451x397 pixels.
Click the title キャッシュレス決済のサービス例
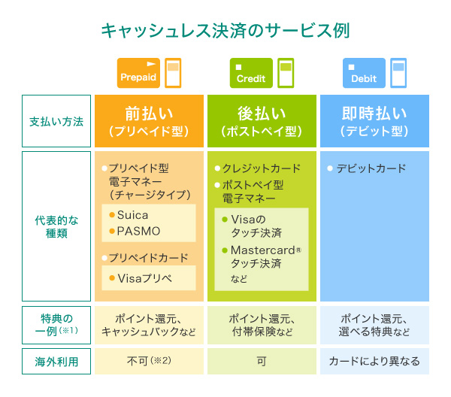(225, 31)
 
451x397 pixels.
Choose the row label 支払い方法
(56, 121)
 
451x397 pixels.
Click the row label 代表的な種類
(56, 226)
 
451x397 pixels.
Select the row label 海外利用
(56, 361)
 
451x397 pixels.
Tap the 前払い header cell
(149, 121)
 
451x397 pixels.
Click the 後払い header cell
(262, 121)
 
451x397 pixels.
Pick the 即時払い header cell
(374, 121)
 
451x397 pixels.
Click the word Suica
(132, 215)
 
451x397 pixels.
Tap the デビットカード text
(371, 168)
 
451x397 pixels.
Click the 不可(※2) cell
(149, 361)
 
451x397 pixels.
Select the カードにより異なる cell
(374, 361)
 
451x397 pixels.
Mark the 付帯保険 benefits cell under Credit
(262, 324)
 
